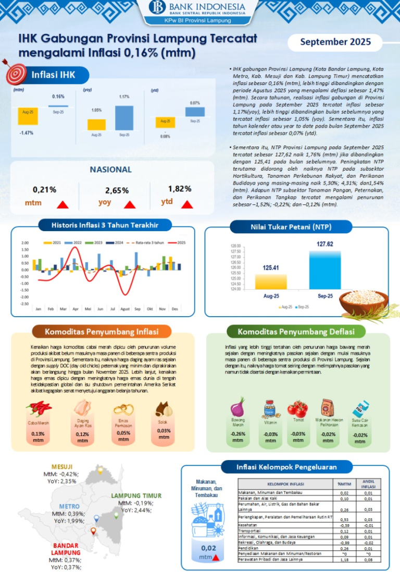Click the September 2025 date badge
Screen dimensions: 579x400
pos(335,42)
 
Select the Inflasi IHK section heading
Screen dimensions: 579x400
pos(53,75)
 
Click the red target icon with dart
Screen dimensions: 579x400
pos(15,73)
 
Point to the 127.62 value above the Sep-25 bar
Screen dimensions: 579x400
pos(325,244)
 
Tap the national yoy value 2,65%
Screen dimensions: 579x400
pos(117,191)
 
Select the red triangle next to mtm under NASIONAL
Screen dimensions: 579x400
pos(63,204)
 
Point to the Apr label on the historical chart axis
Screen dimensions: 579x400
pos(76,309)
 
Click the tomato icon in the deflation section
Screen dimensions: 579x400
pos(298,407)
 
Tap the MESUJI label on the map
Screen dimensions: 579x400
pos(61,466)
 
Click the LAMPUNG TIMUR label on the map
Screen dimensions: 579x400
pos(136,496)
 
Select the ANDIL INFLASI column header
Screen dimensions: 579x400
pos(368,484)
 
